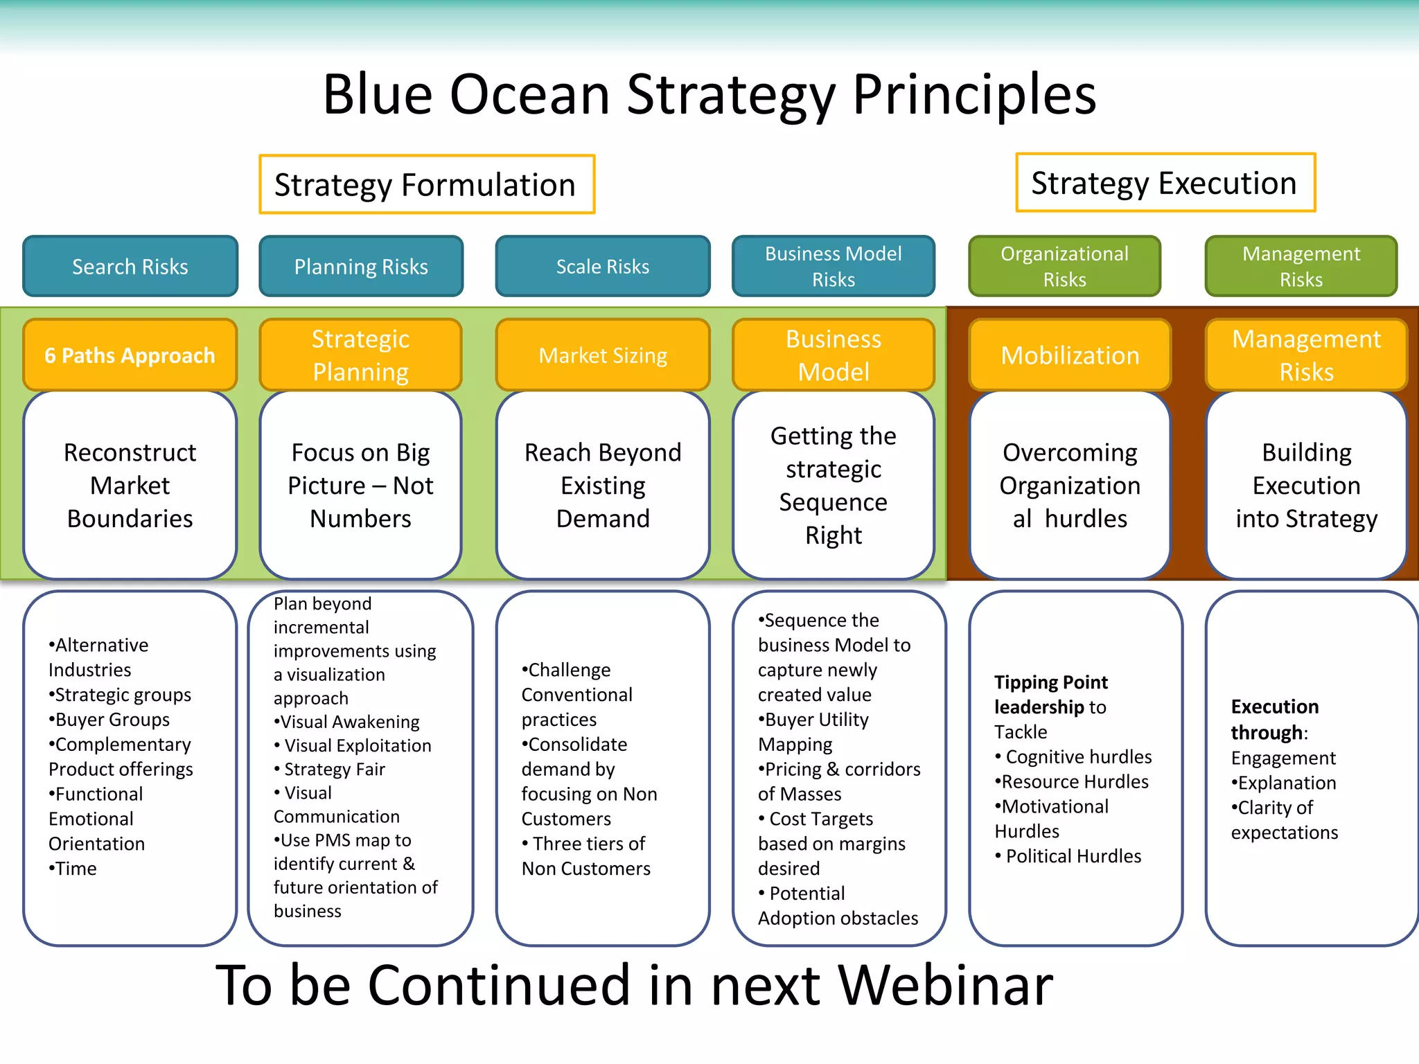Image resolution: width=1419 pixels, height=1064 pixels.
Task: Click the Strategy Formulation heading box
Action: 427,184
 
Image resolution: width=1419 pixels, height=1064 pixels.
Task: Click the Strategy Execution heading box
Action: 1165,183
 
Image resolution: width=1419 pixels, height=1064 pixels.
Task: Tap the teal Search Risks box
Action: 130,267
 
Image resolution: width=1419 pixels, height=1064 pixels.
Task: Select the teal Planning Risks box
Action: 361,267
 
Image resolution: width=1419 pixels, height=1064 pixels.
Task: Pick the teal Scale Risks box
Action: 603,267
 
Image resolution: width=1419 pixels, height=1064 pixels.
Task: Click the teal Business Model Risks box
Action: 833,267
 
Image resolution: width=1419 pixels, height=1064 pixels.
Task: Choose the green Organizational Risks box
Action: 1064,267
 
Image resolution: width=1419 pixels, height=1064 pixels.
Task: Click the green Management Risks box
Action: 1301,267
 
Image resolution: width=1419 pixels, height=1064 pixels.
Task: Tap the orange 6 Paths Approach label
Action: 130,355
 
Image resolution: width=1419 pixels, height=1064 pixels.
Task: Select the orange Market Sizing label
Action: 603,355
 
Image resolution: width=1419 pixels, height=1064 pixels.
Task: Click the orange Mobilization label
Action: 1070,355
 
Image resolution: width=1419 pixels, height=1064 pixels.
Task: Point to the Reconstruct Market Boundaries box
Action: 130,486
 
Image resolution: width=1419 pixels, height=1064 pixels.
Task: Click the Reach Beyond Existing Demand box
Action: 603,486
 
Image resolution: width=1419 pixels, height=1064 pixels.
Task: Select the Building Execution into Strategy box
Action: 1306,486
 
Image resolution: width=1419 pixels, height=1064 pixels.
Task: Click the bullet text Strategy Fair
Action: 335,769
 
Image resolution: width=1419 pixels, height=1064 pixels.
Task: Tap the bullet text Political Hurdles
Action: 1073,856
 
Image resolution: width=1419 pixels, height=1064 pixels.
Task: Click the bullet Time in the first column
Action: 76,869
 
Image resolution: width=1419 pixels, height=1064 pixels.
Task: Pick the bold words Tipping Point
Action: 1050,682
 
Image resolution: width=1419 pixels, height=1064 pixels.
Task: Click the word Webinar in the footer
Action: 945,985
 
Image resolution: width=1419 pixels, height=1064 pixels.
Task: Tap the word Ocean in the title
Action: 529,94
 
